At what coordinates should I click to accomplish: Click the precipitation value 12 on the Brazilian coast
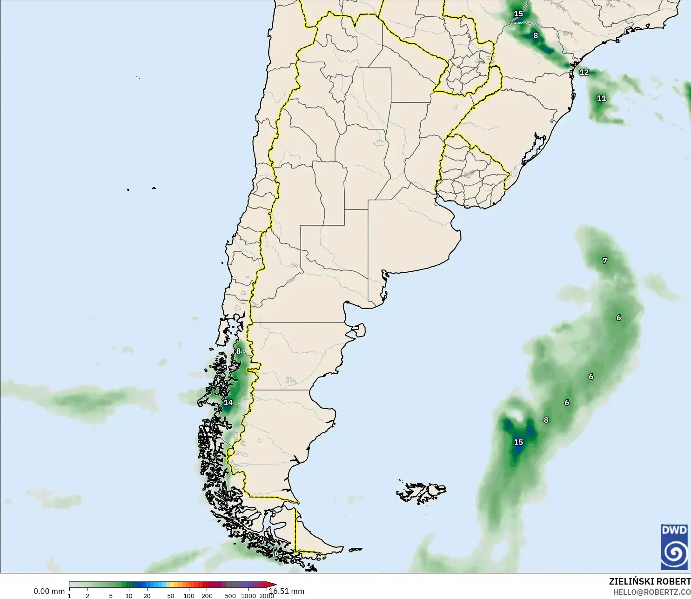(584, 72)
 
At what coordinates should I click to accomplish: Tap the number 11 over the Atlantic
(601, 98)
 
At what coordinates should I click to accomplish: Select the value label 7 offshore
(604, 261)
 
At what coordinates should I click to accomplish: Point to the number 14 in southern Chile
(228, 403)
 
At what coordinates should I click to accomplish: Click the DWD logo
(674, 547)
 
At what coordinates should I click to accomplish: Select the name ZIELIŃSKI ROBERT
(650, 581)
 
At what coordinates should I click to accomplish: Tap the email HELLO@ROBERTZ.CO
(651, 592)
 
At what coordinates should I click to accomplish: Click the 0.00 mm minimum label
(49, 591)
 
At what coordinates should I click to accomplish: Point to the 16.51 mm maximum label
(288, 591)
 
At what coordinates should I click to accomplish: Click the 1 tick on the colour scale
(69, 596)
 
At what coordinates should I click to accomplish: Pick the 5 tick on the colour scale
(111, 596)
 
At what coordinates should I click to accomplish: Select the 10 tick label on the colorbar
(128, 596)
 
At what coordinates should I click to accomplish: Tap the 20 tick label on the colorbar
(147, 596)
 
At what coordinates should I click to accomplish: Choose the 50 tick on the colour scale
(171, 596)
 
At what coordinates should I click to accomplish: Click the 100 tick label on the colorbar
(189, 596)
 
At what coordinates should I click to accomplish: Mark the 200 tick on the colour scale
(207, 596)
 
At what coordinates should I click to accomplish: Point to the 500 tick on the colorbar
(230, 596)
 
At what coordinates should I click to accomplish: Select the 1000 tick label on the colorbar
(248, 596)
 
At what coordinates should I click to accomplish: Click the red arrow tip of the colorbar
(274, 585)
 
